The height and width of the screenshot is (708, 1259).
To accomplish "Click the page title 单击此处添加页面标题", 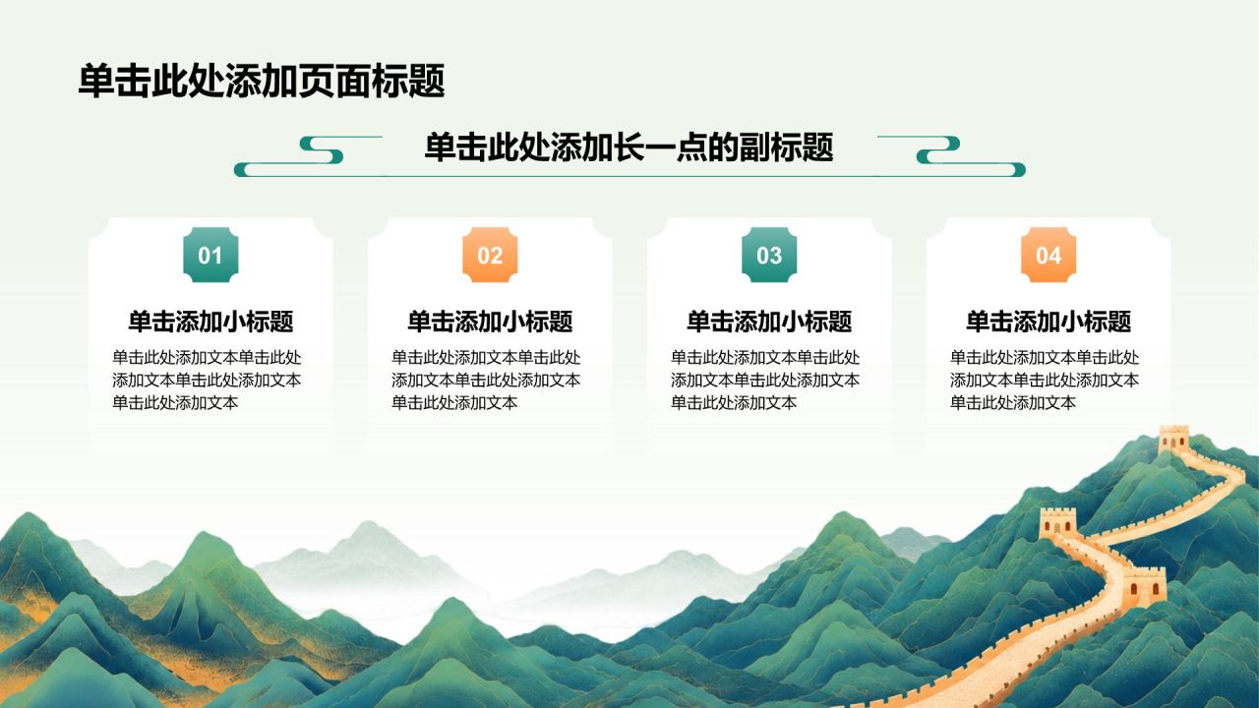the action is (262, 82).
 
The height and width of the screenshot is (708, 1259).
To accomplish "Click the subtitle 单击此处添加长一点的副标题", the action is (629, 147).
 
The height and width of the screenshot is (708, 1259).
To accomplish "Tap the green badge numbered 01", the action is (210, 255).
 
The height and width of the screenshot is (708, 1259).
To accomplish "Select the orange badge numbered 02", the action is (490, 255).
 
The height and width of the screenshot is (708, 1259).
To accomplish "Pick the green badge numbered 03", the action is (769, 255).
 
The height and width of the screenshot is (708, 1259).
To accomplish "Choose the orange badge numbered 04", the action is (1049, 255).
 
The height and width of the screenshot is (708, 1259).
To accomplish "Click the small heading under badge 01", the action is (210, 322).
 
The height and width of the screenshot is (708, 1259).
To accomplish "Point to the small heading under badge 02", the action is (490, 322).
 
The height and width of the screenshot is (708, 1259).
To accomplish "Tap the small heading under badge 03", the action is (769, 322).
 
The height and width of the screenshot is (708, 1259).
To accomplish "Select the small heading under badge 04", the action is (1049, 322).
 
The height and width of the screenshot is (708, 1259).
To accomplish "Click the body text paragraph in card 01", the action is (207, 380).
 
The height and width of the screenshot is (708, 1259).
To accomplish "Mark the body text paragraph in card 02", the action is (486, 380).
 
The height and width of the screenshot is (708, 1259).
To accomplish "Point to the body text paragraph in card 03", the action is (765, 380).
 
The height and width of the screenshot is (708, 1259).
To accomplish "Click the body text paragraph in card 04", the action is (1045, 380).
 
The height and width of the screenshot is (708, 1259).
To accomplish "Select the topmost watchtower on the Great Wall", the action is (1173, 440).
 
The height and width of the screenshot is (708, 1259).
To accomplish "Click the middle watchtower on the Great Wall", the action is (1057, 522).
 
